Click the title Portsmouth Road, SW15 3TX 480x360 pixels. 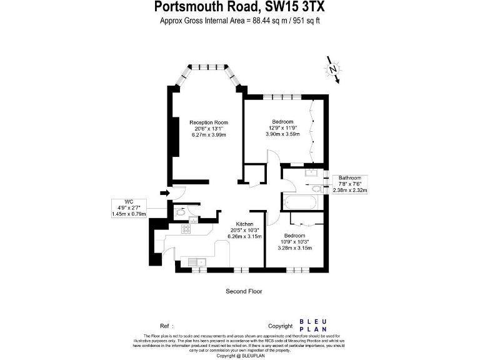[239, 7]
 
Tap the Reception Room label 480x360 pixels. [209, 122]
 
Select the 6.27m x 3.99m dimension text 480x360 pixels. [209, 135]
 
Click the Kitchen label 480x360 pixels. [244, 224]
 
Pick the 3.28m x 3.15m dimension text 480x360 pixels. [294, 248]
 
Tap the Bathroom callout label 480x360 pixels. [351, 178]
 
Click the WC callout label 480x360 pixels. [129, 201]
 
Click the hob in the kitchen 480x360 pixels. [186, 229]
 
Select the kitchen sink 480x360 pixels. [199, 262]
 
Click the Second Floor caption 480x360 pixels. [244, 291]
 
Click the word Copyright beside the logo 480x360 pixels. [280, 326]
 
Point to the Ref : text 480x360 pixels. [166, 326]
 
